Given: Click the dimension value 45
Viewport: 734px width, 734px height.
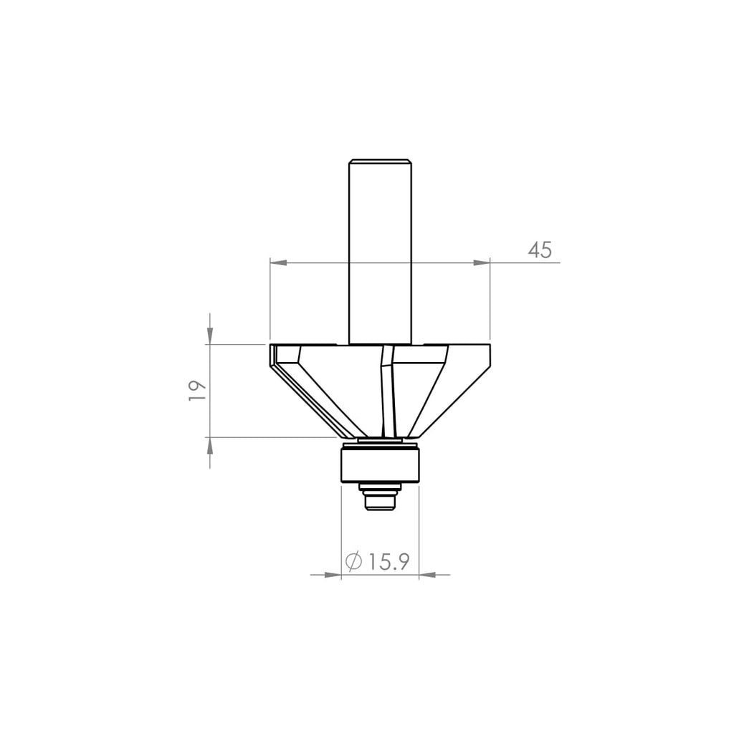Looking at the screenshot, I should pos(540,250).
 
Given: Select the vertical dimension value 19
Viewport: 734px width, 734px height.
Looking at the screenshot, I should pos(197,390).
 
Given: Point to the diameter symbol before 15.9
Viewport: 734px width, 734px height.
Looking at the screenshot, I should pos(353,562).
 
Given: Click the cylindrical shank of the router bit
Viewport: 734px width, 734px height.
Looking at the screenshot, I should pos(380,251).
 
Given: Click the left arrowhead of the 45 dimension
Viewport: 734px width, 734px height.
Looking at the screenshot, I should pos(278,263).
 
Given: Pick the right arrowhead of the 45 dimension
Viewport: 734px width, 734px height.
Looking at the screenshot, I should pos(481,263).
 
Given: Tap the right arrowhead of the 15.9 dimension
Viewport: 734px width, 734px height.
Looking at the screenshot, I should pos(427,574).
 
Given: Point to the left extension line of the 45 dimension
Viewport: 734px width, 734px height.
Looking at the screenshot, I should pos(270,301).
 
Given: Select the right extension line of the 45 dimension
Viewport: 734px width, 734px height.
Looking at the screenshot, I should pos(490,301).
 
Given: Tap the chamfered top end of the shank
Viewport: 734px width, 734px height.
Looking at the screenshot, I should pos(380,160).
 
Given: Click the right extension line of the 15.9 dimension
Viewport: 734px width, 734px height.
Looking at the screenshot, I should pos(418,530).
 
